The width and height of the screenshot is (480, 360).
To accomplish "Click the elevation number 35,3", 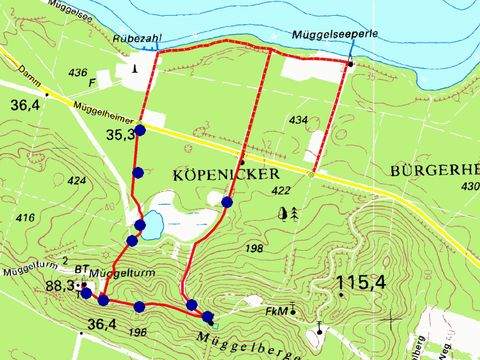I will pyautogui.click(x=120, y=134).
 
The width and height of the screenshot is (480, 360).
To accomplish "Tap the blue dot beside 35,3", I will pyautogui.click(x=140, y=130).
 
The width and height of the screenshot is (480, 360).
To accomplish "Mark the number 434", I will pyautogui.click(x=298, y=119).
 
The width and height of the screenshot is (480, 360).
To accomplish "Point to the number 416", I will pyautogui.click(x=26, y=217).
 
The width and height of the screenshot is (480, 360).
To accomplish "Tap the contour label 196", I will pyautogui.click(x=138, y=332).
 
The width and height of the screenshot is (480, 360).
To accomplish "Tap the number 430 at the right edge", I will pyautogui.click(x=471, y=187).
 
